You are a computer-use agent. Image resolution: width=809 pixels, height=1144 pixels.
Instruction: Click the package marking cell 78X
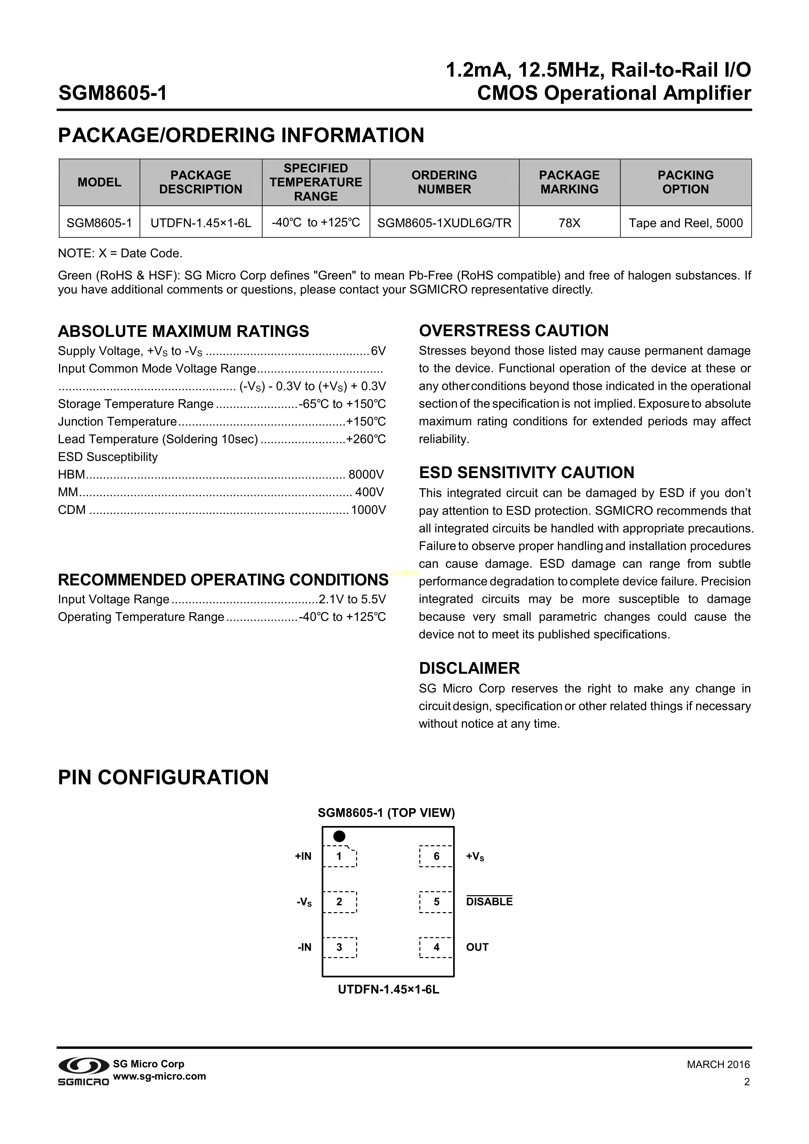click(x=569, y=223)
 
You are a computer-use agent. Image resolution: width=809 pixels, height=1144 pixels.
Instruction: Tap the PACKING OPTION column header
click(x=685, y=182)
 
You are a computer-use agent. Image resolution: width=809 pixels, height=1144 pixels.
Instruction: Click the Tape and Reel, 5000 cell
click(x=685, y=223)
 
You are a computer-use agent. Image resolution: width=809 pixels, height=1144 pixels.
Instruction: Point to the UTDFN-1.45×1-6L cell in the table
click(x=201, y=223)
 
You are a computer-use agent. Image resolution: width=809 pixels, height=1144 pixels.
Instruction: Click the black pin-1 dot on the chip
click(x=339, y=836)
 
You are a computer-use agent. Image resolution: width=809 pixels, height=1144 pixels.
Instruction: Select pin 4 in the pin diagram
click(x=436, y=947)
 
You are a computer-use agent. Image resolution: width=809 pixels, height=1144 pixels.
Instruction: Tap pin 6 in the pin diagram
click(x=436, y=856)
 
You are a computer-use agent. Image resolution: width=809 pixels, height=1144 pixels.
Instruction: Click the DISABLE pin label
click(x=489, y=902)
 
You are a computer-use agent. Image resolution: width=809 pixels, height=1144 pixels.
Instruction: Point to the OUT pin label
click(x=477, y=947)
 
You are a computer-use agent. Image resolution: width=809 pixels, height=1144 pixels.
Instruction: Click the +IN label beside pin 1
click(x=303, y=856)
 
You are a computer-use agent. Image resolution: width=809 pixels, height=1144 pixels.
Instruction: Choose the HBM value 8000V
click(x=366, y=474)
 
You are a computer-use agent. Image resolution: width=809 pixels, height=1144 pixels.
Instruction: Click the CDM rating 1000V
click(x=368, y=510)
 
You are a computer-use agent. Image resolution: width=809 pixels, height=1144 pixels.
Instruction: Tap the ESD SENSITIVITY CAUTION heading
click(x=527, y=472)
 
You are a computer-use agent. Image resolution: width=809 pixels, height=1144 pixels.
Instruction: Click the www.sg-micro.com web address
click(x=159, y=1076)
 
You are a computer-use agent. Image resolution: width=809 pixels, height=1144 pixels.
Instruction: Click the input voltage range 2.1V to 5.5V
click(x=352, y=599)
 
